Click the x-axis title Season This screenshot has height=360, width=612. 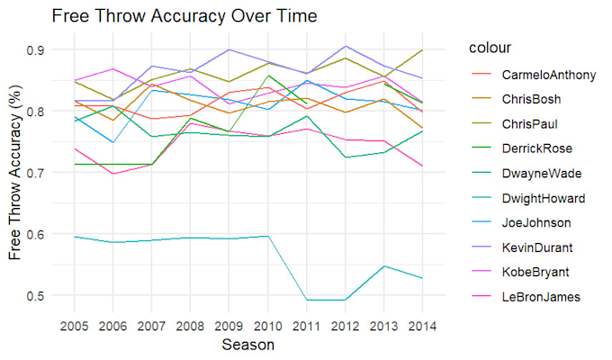pyautogui.click(x=248, y=345)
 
